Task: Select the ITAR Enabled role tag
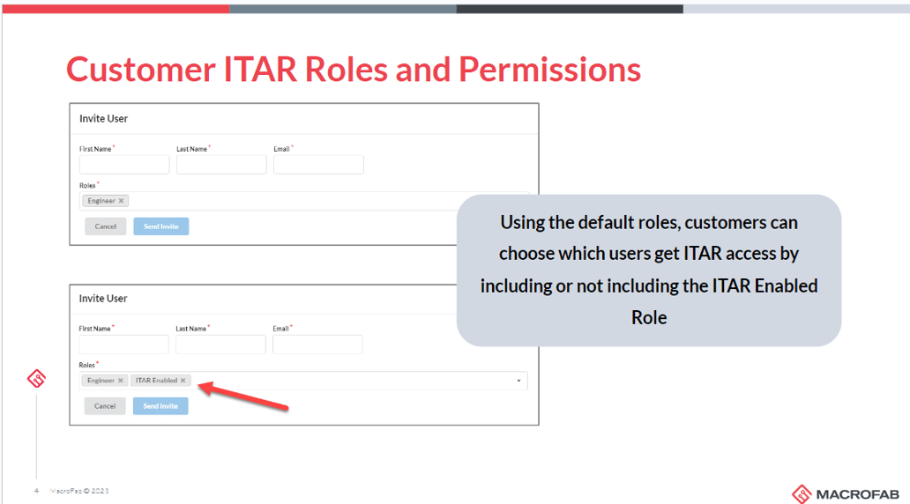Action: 157,381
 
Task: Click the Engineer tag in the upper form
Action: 101,201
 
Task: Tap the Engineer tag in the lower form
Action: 101,381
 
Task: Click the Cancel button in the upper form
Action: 106,226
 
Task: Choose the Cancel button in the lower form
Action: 105,406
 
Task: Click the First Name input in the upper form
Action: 124,165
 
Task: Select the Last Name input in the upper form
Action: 221,165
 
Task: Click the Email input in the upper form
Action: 318,165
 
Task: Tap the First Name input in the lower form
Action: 123,345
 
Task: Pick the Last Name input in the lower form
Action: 220,345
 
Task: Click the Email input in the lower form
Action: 317,345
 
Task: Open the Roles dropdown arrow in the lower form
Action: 518,381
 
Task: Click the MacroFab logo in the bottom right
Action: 846,493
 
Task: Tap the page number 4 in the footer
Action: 36,491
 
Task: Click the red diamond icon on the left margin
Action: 36,380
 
